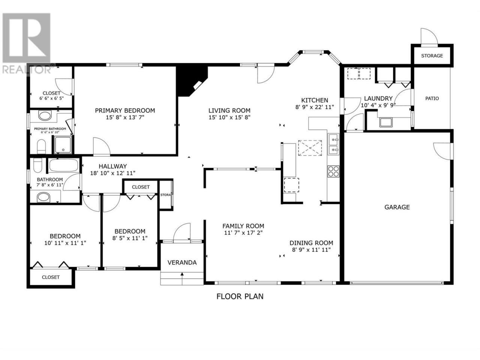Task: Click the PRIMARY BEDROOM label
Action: pos(125,110)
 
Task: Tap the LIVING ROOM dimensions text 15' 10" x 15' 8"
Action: pos(229,117)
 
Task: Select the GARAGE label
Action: pos(397,207)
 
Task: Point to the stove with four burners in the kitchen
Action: pos(333,171)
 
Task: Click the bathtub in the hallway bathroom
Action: pos(64,165)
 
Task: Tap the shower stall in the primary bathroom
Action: pos(63,145)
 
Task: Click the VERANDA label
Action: pos(182,262)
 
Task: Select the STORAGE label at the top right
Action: pos(432,56)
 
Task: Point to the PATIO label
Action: pos(432,98)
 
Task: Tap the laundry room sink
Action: pos(386,122)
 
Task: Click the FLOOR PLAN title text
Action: pos(240,296)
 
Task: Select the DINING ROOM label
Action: pos(311,243)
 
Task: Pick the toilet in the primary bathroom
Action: pos(41,147)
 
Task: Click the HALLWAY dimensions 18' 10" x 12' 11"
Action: pos(112,173)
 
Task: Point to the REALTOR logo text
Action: pos(27,69)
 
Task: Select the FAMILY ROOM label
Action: pos(243,226)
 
